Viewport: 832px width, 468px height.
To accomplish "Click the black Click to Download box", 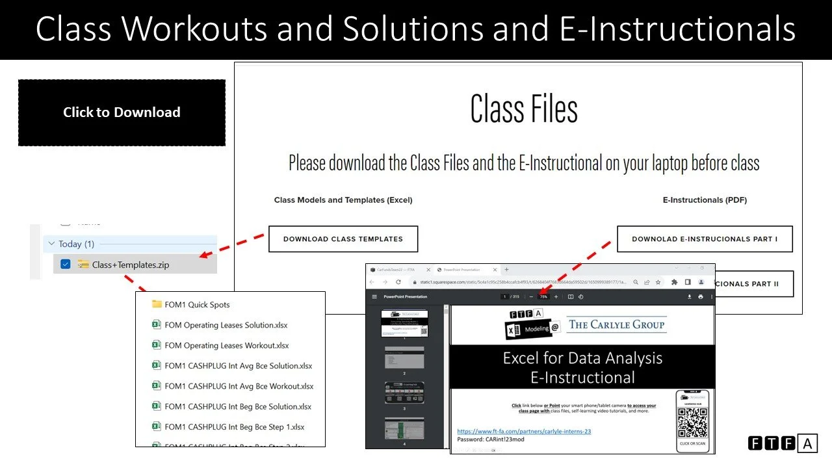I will pyautogui.click(x=122, y=112).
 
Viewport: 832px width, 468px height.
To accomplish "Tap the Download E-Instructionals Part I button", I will pyautogui.click(x=705, y=239).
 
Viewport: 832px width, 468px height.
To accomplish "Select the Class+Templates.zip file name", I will pyautogui.click(x=131, y=265).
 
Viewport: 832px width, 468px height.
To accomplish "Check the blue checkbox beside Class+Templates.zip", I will pyautogui.click(x=65, y=265).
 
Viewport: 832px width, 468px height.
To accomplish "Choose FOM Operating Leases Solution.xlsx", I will pyautogui.click(x=226, y=325).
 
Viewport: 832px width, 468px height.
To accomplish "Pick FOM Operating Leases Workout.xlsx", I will pyautogui.click(x=226, y=345).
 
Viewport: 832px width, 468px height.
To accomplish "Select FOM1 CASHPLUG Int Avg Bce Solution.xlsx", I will pyautogui.click(x=238, y=365).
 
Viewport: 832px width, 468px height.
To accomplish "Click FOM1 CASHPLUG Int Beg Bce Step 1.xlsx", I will pyautogui.click(x=234, y=426).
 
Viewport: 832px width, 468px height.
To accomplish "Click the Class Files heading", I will pyautogui.click(x=524, y=109).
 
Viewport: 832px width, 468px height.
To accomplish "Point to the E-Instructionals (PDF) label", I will pyautogui.click(x=705, y=200).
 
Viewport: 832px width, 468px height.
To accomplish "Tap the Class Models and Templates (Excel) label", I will pyautogui.click(x=343, y=200).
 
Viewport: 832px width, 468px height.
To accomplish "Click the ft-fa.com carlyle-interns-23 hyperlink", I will pyautogui.click(x=524, y=431).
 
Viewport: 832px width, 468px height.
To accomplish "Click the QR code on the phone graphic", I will pyautogui.click(x=692, y=421).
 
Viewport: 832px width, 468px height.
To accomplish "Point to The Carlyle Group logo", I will pyautogui.click(x=616, y=324).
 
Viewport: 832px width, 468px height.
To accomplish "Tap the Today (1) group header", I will pyautogui.click(x=76, y=244).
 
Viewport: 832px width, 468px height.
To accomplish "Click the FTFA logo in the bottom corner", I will pyautogui.click(x=782, y=444).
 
